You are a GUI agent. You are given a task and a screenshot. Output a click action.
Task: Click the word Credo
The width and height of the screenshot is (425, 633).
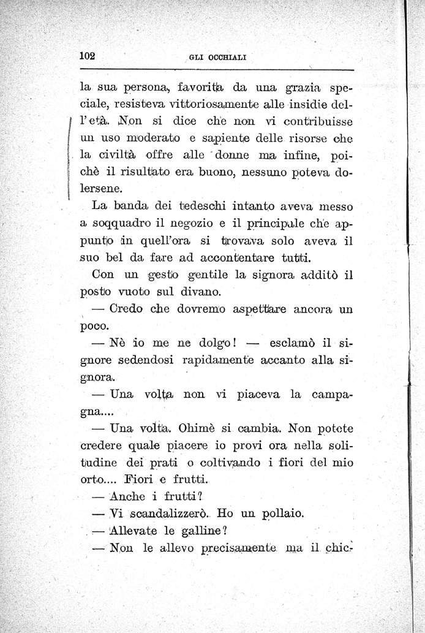pos(127,309)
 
